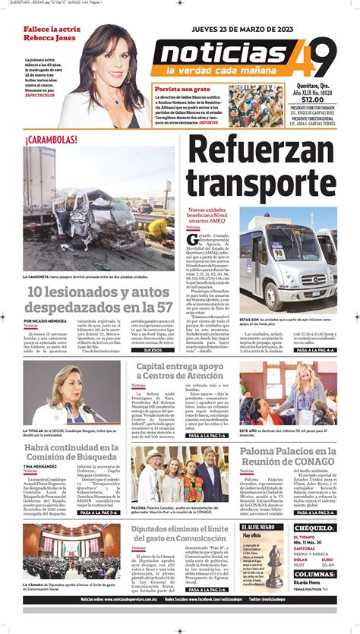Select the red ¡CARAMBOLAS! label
coord(51,140)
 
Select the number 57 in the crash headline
coord(163,308)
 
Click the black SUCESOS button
coord(152,350)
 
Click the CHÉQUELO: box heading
coord(314,528)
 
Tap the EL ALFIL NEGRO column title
coord(262,527)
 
